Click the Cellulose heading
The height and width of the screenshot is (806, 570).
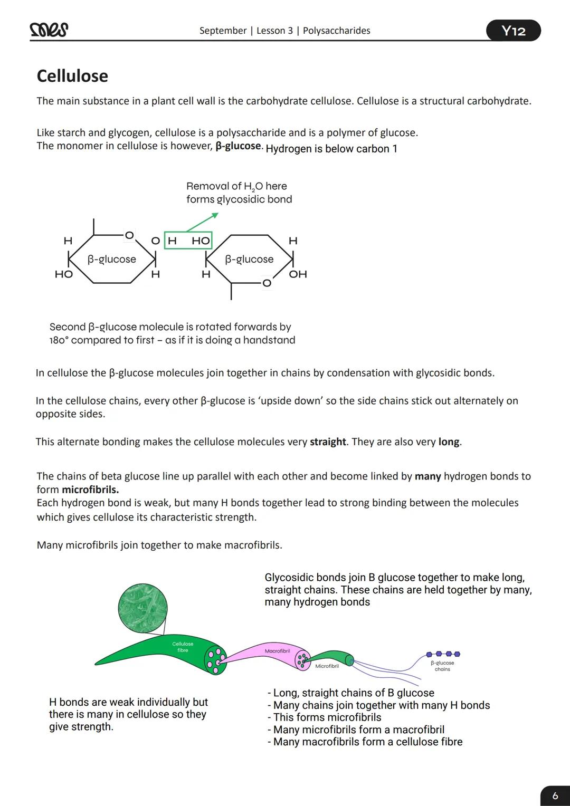[72, 76]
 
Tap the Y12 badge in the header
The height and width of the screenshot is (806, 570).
[513, 31]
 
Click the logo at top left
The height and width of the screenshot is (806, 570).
[49, 31]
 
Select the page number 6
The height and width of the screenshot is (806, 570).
[555, 795]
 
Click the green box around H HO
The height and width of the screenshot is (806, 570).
[188, 241]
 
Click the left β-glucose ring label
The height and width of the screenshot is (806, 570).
[111, 259]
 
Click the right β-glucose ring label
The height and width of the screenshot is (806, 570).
[249, 259]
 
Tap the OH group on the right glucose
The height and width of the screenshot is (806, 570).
[298, 274]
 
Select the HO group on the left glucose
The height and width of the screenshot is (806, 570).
[63, 274]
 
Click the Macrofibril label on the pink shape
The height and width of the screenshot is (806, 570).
[277, 651]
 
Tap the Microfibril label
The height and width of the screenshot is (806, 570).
[327, 666]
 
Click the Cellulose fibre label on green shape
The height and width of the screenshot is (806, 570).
[183, 647]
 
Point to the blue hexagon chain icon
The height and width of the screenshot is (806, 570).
[443, 654]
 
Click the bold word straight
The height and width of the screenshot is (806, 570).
[328, 442]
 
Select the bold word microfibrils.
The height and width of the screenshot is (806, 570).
[90, 490]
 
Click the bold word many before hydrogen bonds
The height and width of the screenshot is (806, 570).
[427, 476]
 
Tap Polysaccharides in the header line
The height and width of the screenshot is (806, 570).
[336, 31]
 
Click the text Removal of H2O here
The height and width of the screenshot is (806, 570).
[236, 186]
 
